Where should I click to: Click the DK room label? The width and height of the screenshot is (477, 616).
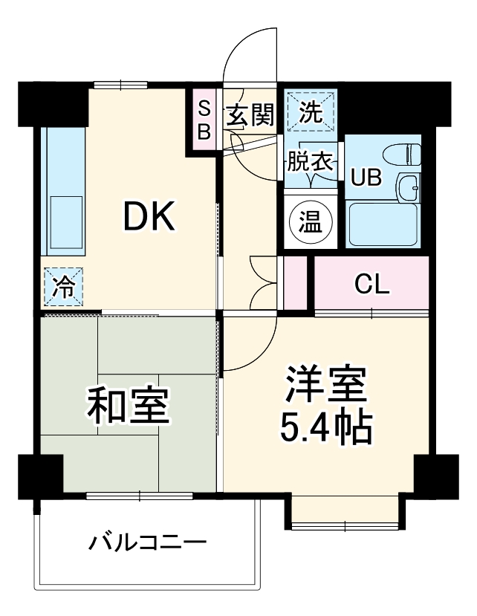click(148, 217)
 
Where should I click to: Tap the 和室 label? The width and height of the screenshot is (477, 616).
click(130, 405)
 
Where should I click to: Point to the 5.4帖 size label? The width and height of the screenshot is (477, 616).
click(325, 425)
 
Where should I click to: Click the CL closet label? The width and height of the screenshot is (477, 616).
click(371, 284)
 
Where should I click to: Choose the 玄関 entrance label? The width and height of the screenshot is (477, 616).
click(250, 116)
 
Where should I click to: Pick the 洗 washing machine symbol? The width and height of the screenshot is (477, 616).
click(311, 113)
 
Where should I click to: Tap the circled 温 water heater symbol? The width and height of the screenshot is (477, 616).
click(311, 221)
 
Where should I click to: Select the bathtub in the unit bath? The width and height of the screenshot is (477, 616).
click(383, 225)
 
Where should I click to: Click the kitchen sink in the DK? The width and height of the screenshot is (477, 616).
click(65, 221)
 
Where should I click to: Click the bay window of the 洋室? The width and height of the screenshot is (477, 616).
click(345, 513)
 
